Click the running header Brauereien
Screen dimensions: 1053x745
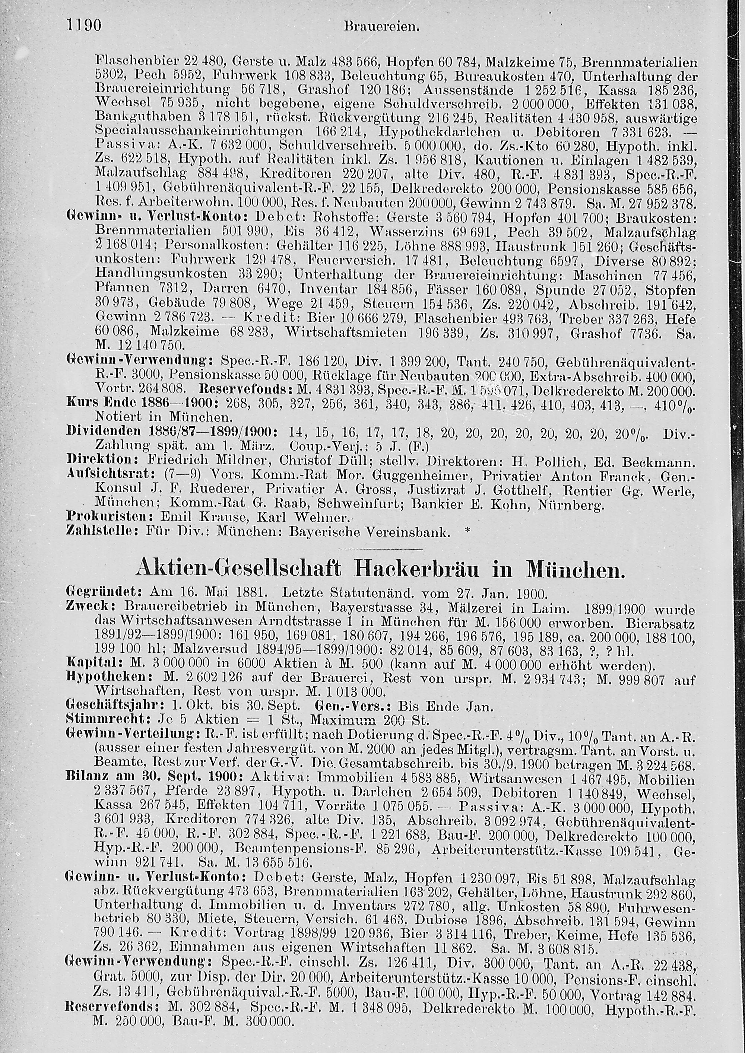382,26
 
